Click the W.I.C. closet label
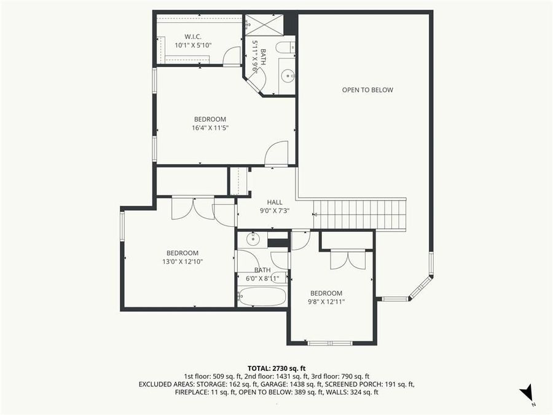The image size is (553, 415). coord(193,37)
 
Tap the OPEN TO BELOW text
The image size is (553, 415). coord(367,90)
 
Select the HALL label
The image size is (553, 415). coord(275,202)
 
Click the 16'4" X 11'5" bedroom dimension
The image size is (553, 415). coord(210,128)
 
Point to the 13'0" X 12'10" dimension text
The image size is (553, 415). coord(182,261)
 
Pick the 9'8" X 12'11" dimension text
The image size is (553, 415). coord(326,302)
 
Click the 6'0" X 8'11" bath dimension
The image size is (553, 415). coord(262,279)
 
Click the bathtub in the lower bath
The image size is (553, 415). coord(262,297)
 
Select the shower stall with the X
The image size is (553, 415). coord(264,25)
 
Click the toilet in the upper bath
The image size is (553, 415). coord(286,47)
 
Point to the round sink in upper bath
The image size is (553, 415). coord(288,76)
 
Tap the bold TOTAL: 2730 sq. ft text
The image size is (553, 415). coord(276,368)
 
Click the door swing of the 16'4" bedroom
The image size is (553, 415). coord(276,153)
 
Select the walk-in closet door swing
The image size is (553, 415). coord(232,56)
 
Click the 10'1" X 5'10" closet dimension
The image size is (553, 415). coord(193,45)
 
